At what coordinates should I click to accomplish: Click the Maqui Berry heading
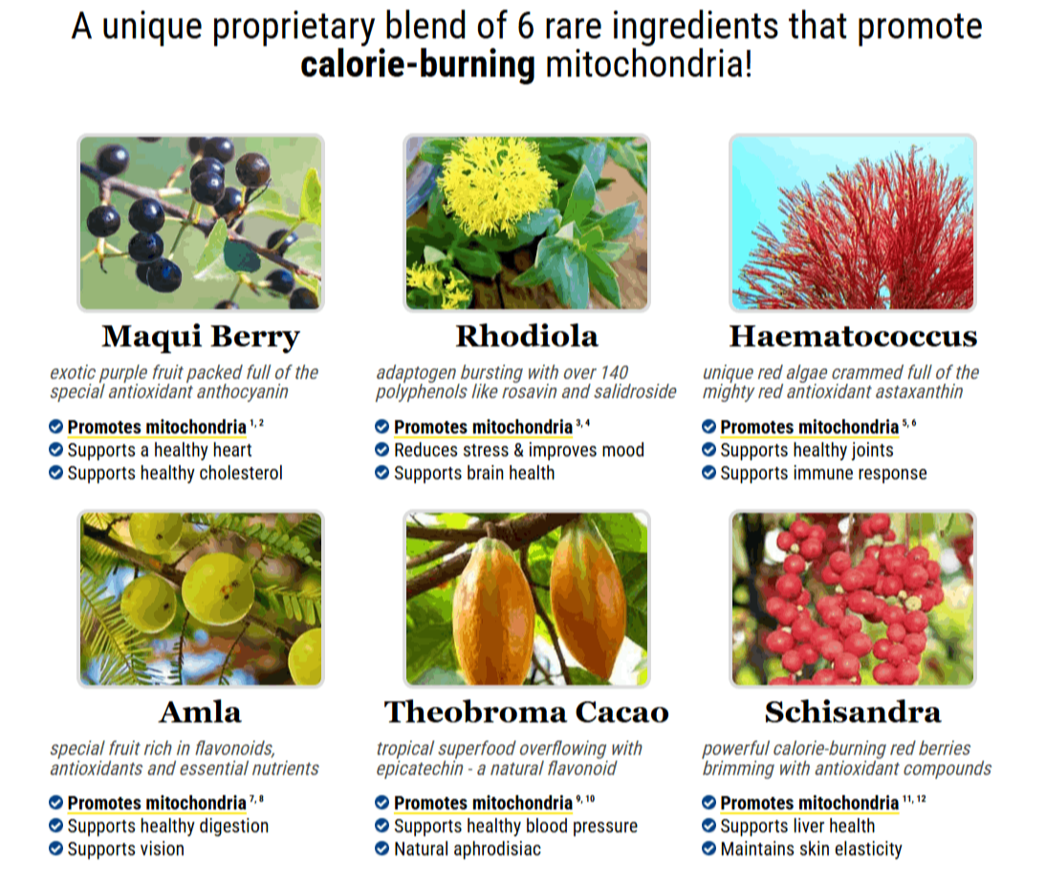click(x=201, y=337)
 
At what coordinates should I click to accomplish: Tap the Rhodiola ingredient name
click(x=527, y=337)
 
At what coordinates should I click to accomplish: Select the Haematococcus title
click(x=853, y=337)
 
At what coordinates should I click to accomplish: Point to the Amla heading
click(x=201, y=713)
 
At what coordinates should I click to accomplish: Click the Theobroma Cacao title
click(x=527, y=713)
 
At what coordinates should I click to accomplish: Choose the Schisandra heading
click(x=853, y=713)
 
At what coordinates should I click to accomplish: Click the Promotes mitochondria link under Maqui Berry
click(x=157, y=428)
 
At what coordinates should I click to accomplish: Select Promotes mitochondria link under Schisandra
click(x=809, y=804)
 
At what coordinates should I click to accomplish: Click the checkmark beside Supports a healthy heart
click(x=56, y=450)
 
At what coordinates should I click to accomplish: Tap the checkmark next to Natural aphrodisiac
click(x=382, y=848)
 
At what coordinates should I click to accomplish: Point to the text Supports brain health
click(x=473, y=473)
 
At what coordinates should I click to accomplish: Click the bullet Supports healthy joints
click(x=806, y=450)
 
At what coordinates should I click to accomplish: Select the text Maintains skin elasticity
click(x=811, y=848)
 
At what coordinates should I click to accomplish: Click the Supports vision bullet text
click(x=125, y=848)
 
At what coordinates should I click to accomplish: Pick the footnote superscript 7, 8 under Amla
click(x=257, y=799)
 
